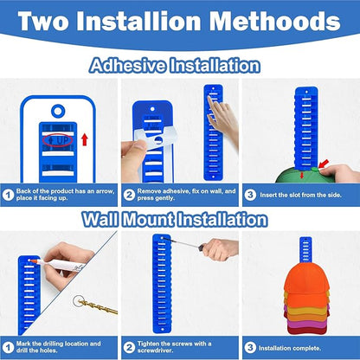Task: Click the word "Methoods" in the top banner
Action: click(x=275, y=21)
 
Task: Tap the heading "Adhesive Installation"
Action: click(x=175, y=66)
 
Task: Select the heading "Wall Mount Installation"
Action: click(x=175, y=220)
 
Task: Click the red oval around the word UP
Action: click(x=58, y=140)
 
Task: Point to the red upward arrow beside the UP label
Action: click(x=85, y=139)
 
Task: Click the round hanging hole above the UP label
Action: click(x=58, y=111)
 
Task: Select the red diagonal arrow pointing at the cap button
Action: click(x=324, y=164)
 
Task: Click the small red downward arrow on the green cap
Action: click(x=301, y=175)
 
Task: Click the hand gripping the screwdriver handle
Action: click(x=221, y=248)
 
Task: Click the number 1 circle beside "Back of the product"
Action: click(x=8, y=195)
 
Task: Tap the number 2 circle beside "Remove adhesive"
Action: click(x=129, y=195)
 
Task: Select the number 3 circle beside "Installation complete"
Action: click(x=250, y=348)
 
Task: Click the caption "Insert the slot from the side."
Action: click(x=300, y=195)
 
